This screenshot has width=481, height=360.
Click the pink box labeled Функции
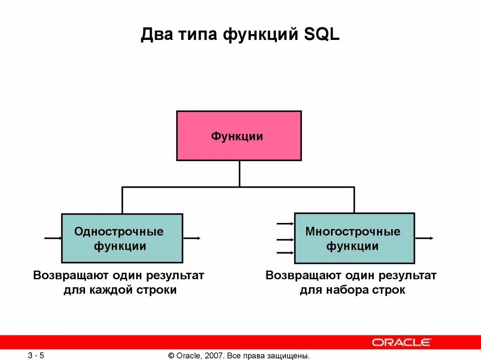pyautogui.click(x=239, y=136)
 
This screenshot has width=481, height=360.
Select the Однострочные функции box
pyautogui.click(x=122, y=238)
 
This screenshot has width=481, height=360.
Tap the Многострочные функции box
pyautogui.click(x=354, y=238)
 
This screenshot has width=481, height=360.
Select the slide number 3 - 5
pyautogui.click(x=36, y=354)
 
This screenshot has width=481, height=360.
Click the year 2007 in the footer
pyautogui.click(x=214, y=355)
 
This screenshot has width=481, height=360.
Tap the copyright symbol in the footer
pyautogui.click(x=171, y=355)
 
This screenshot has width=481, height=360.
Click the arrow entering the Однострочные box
pyautogui.click(x=53, y=238)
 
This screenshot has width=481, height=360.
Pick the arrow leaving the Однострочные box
pyautogui.click(x=192, y=238)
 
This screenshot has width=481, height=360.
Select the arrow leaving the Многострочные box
pyautogui.click(x=424, y=238)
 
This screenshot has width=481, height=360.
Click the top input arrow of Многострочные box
pyautogui.click(x=285, y=224)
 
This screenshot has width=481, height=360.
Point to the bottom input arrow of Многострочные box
pyautogui.click(x=285, y=253)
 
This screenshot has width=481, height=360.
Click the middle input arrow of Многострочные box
pyautogui.click(x=285, y=239)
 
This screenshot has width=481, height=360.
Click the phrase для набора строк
pyautogui.click(x=352, y=290)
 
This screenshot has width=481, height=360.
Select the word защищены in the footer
pyautogui.click(x=287, y=355)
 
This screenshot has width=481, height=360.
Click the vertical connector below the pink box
pyautogui.click(x=239, y=174)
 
